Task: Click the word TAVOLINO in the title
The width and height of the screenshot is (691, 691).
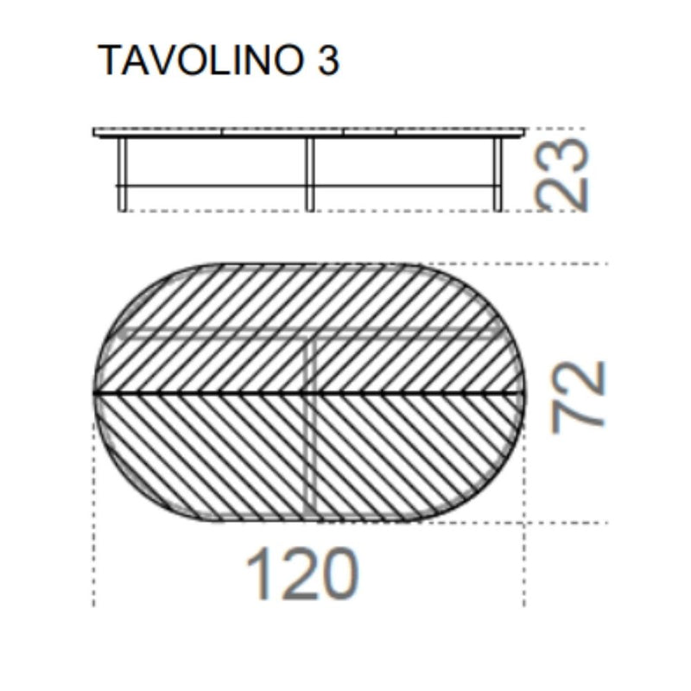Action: [x=199, y=60]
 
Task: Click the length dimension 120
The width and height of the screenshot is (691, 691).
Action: [x=301, y=574]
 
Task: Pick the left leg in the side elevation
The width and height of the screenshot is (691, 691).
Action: [x=123, y=173]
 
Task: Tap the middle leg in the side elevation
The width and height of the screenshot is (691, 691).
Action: [x=309, y=173]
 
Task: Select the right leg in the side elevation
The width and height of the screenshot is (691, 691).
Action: [x=498, y=173]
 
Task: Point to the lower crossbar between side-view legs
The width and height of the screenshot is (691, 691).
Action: [x=216, y=185]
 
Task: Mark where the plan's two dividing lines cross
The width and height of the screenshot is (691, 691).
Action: [x=311, y=393]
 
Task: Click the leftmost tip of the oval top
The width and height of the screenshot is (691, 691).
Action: [x=94, y=393]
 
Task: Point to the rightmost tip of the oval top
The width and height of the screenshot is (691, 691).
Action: [x=524, y=393]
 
